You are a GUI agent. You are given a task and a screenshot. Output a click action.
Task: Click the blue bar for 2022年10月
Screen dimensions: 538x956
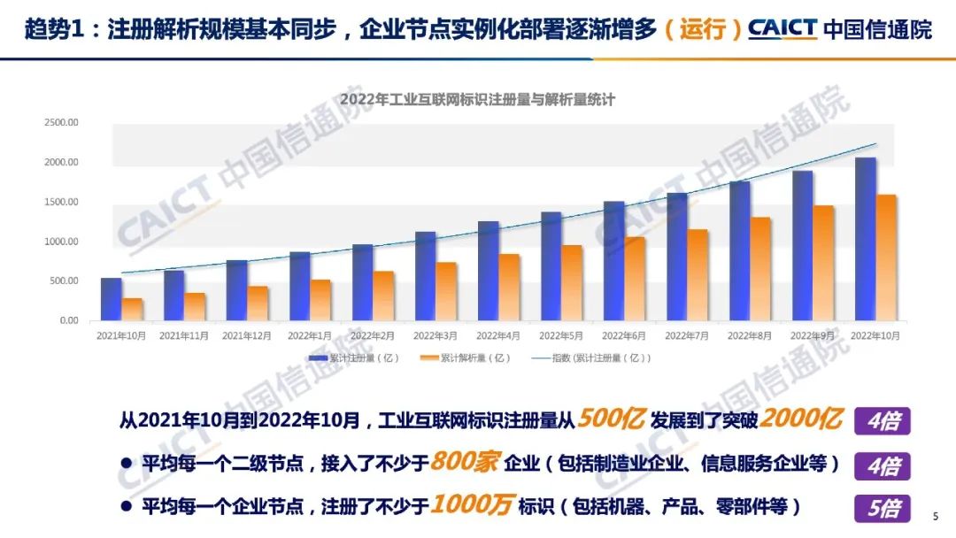866,239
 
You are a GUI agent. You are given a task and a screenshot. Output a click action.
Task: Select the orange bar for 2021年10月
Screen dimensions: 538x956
132,309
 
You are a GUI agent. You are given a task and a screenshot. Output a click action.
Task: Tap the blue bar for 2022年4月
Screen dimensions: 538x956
489,271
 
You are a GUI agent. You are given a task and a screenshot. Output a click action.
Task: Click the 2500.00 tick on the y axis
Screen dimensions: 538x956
61,122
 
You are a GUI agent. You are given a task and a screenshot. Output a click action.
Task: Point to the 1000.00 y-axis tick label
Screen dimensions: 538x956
61,242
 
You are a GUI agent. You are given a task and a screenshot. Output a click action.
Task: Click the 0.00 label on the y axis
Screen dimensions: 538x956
68,320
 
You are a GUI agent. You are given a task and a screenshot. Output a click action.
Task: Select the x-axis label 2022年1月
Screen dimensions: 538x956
310,336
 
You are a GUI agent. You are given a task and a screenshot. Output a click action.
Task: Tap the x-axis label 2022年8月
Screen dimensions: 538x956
750,336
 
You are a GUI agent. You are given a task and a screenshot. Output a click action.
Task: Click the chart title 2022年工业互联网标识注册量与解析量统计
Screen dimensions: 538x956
478,100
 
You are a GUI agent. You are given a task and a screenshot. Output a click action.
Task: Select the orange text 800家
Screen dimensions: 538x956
466,463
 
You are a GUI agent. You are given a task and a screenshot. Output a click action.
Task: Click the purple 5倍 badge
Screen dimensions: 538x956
883,508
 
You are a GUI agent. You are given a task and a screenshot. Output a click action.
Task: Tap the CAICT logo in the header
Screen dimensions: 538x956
783,28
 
